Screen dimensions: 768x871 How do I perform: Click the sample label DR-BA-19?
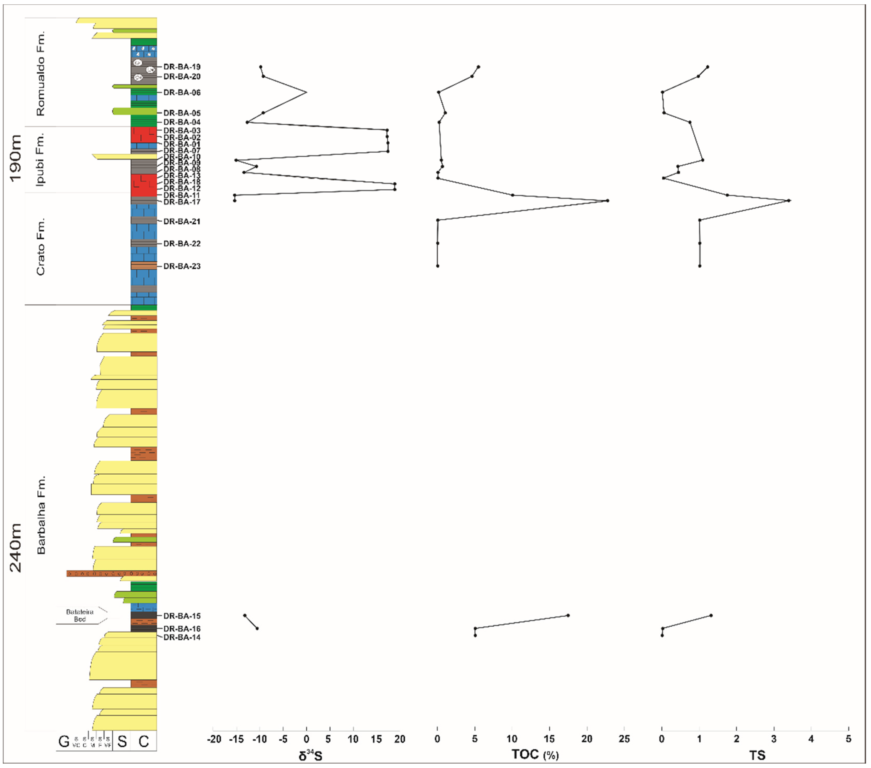182,67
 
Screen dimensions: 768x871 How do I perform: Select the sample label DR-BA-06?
182,93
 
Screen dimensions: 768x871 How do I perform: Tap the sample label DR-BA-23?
182,266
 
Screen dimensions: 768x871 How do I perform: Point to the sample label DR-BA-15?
182,616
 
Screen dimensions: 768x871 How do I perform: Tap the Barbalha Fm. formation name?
41,515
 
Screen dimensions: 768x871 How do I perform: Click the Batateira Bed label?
80,615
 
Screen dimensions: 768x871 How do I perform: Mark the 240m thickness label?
16,548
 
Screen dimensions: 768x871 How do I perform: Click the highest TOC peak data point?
608,201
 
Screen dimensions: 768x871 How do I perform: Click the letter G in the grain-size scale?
64,742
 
